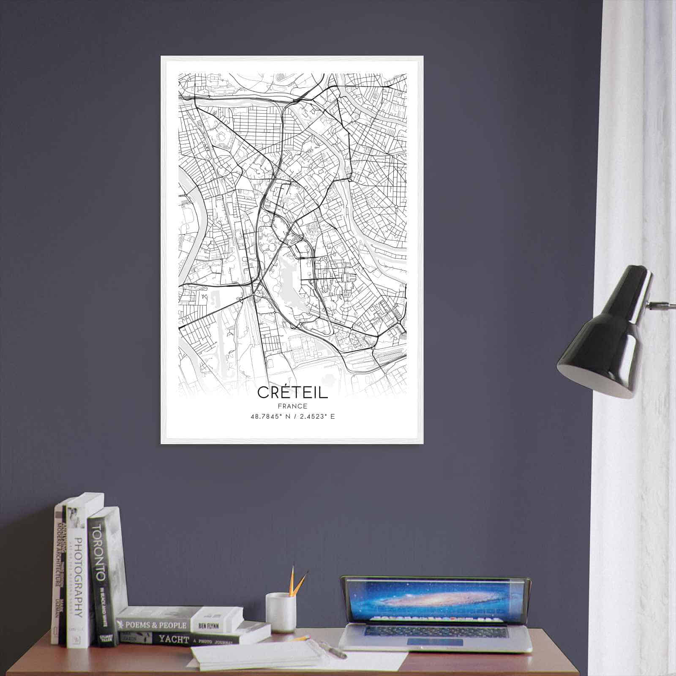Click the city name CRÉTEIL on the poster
click(292, 393)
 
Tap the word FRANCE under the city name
click(292, 406)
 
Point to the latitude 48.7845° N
click(269, 417)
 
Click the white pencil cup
click(280, 612)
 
